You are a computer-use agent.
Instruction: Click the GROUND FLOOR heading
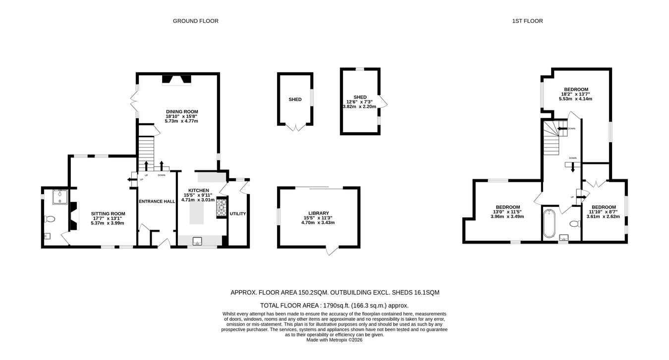196,21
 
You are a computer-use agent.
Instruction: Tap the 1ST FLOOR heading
527,21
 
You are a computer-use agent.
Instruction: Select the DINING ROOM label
182,111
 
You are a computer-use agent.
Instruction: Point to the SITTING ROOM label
108,214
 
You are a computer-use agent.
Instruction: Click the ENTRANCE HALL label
157,202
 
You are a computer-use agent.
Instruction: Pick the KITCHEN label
199,191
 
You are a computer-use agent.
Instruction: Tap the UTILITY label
238,214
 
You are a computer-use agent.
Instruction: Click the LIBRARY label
318,213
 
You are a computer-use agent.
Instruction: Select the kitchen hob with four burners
222,207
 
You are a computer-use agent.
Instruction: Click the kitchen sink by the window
197,241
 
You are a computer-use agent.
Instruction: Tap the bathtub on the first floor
549,223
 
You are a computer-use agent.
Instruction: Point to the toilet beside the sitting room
50,219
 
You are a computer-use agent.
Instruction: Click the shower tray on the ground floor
60,197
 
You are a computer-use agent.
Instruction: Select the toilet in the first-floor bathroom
575,224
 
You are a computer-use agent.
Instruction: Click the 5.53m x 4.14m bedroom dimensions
575,99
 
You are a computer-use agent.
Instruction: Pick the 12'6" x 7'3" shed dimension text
360,102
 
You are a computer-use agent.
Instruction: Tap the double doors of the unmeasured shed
296,127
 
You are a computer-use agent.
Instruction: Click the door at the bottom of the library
332,251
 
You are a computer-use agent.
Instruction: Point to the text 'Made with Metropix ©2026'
334,340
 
